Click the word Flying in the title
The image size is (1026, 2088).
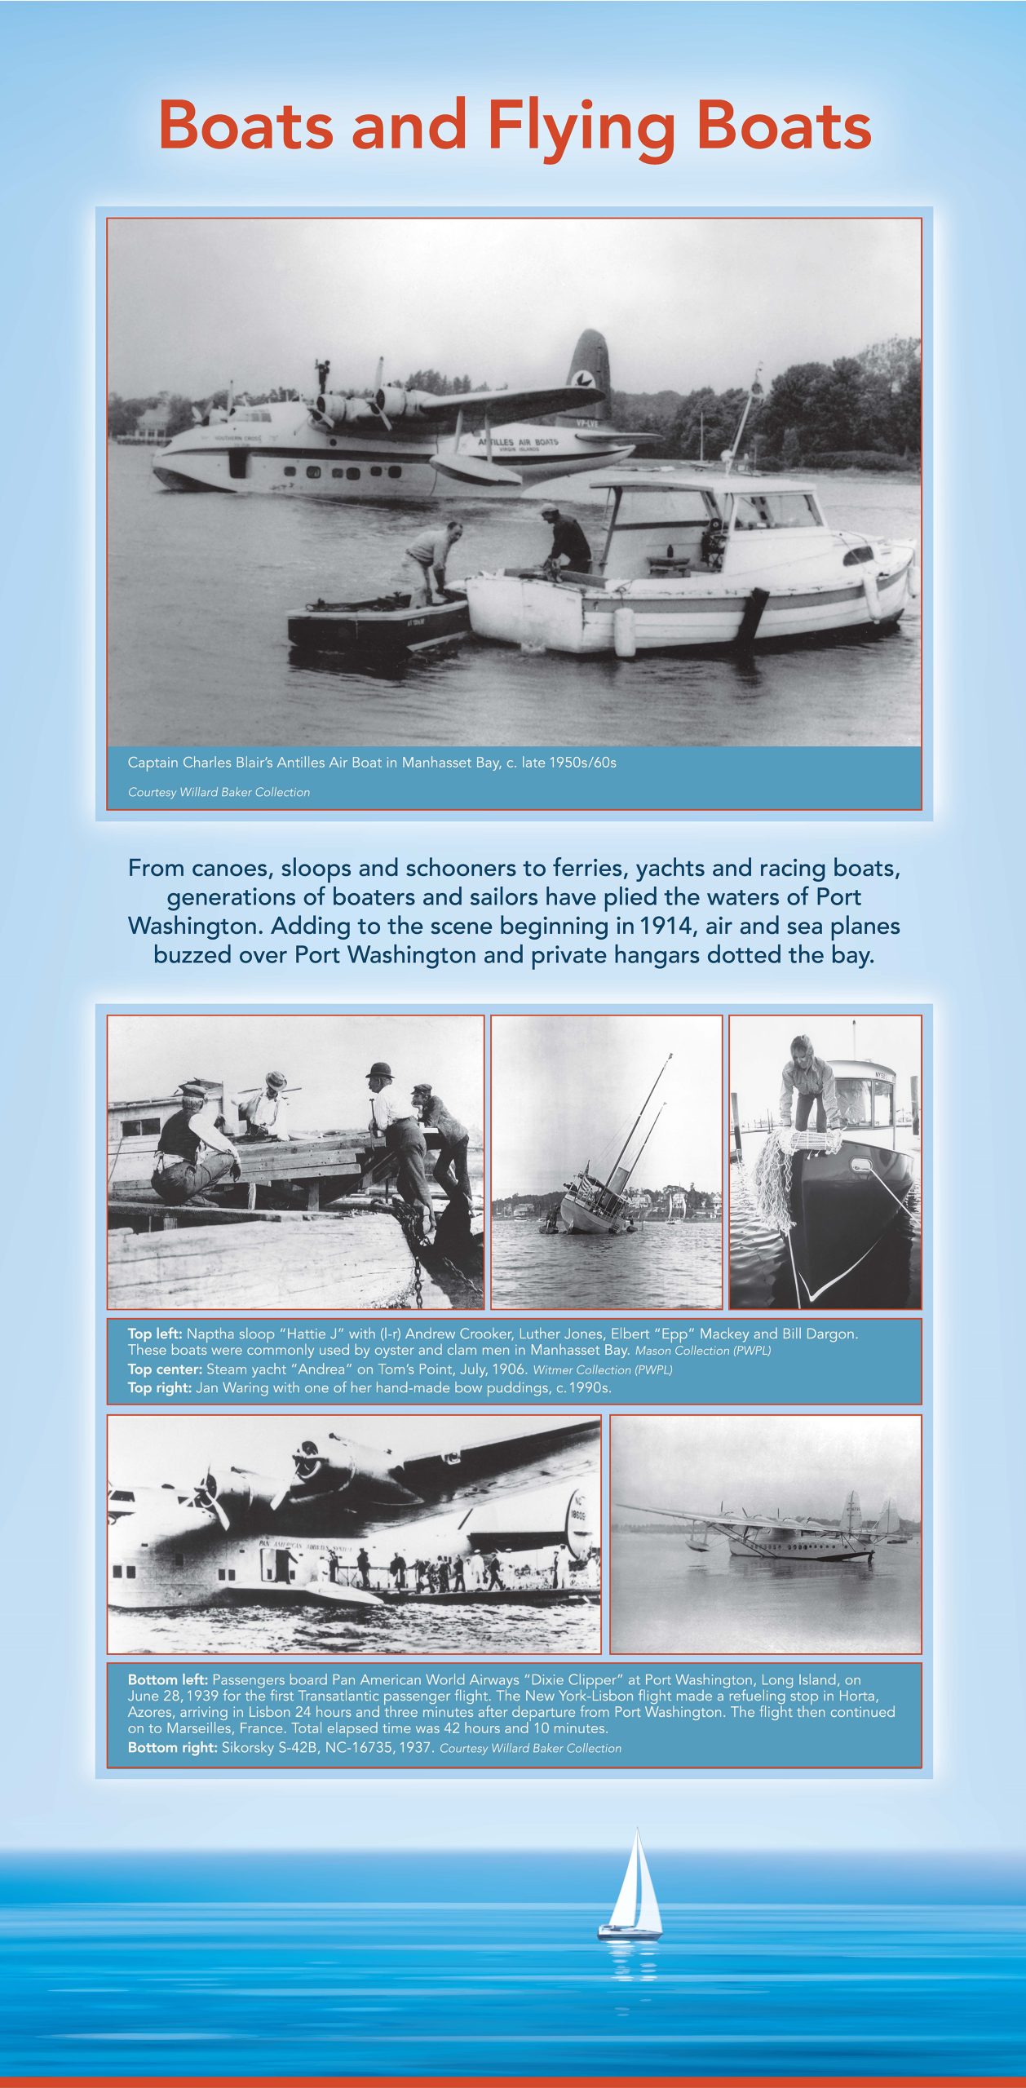pos(580,127)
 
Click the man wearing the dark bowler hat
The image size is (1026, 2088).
pos(380,1073)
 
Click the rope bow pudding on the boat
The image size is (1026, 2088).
pos(806,1142)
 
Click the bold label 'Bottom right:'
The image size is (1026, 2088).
pos(172,1748)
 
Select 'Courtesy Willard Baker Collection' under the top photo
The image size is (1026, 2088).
pos(219,792)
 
